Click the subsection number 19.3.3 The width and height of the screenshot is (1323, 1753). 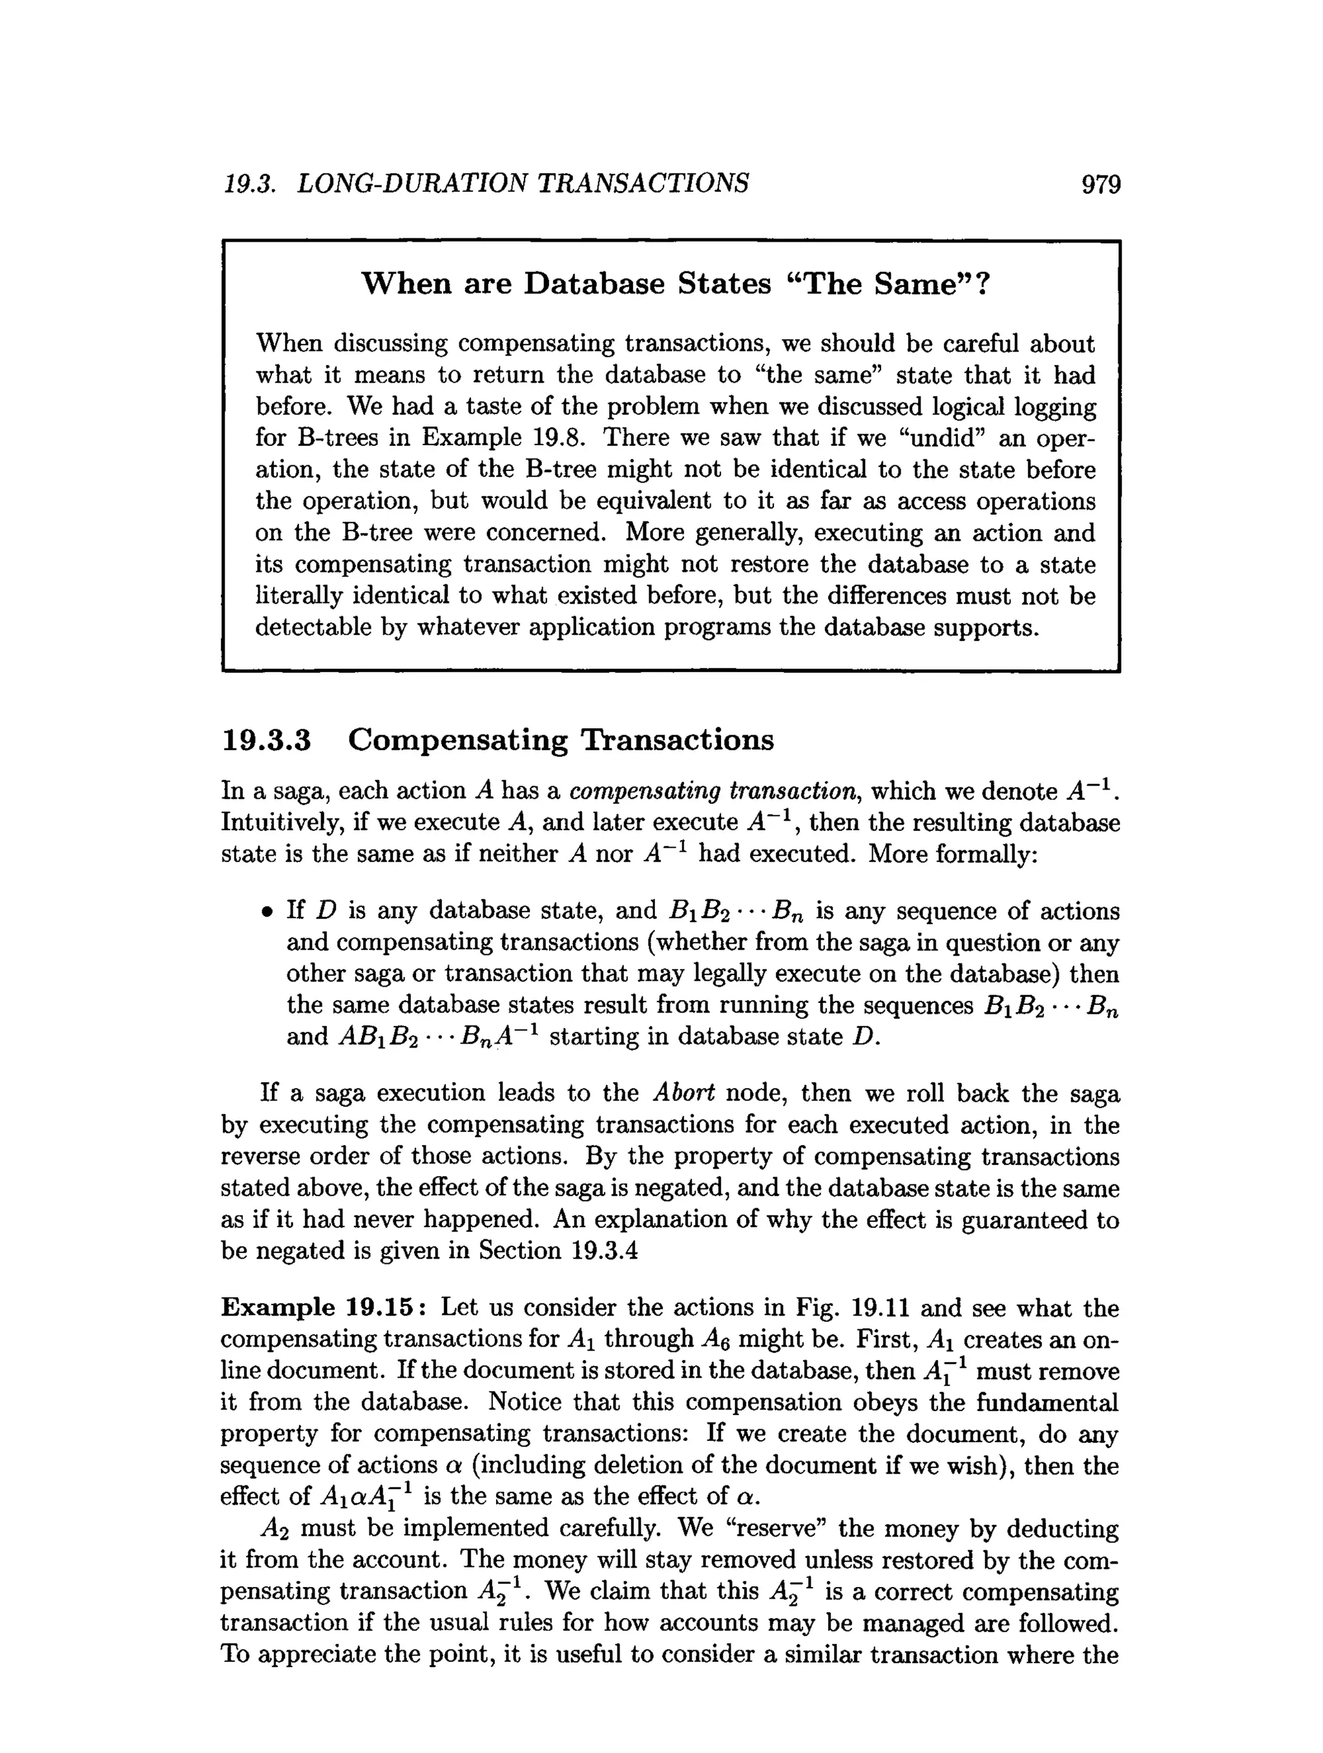266,739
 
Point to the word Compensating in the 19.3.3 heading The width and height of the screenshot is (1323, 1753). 458,739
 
